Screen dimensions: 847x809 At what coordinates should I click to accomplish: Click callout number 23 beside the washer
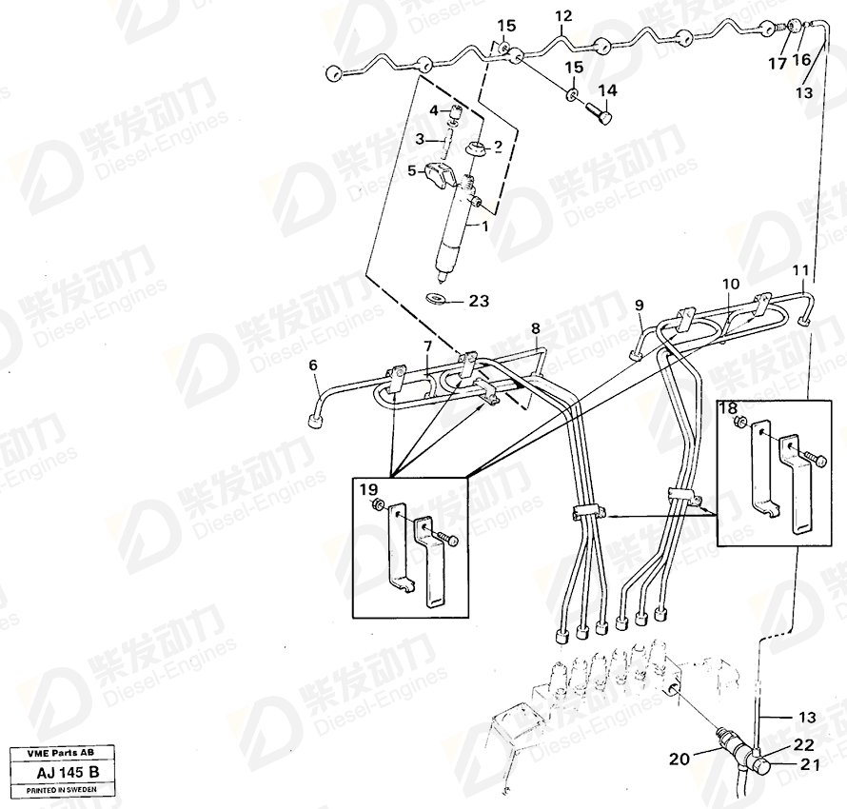click(478, 301)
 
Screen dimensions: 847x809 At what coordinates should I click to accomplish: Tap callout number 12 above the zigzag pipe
click(562, 17)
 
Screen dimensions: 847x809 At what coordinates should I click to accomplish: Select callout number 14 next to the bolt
click(607, 90)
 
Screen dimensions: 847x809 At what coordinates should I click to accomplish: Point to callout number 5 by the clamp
click(413, 171)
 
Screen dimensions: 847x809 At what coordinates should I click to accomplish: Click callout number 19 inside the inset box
click(369, 490)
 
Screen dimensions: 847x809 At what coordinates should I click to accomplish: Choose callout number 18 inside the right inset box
click(728, 408)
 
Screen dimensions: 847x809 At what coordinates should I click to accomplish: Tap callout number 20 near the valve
click(679, 760)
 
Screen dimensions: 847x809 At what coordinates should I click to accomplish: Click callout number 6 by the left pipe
click(313, 365)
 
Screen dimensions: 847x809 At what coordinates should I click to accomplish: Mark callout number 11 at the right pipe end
click(800, 270)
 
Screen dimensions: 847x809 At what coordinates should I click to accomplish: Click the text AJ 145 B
click(68, 772)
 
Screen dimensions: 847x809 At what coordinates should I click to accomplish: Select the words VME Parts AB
click(62, 753)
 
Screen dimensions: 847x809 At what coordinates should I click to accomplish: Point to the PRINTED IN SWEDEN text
click(62, 790)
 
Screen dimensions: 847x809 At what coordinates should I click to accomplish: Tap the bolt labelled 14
click(599, 111)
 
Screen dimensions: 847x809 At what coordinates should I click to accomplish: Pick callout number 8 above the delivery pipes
click(535, 328)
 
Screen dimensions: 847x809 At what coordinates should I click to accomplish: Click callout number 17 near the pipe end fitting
click(778, 64)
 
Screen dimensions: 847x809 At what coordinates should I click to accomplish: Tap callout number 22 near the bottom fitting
click(804, 744)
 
